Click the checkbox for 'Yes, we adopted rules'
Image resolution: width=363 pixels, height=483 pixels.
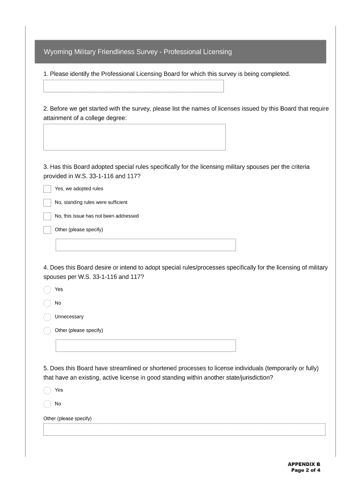(47, 189)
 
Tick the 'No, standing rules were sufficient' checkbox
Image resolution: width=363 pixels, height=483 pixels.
(47, 203)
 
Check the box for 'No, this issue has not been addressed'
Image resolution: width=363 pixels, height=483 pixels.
(47, 217)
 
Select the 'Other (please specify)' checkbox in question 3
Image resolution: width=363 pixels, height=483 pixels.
(47, 230)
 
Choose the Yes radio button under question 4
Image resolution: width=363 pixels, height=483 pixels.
(47, 290)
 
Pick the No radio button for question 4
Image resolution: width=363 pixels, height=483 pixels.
(47, 303)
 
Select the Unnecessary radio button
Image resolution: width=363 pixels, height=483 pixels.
(47, 317)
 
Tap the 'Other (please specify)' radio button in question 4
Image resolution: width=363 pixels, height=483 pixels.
(47, 331)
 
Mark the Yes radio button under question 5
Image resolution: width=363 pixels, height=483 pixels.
(47, 391)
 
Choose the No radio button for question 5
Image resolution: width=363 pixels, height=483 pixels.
(47, 404)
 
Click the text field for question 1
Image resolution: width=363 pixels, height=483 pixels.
(133, 86)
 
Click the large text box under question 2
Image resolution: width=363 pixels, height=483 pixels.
(134, 137)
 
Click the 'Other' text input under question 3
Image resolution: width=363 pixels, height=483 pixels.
(146, 245)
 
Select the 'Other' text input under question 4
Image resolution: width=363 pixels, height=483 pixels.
(146, 346)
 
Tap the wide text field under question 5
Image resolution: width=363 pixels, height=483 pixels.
(184, 430)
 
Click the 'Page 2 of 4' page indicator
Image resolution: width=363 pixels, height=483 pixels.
(305, 470)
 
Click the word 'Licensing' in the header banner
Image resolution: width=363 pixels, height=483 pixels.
(217, 52)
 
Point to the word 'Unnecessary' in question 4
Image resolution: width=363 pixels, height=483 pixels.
(69, 317)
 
